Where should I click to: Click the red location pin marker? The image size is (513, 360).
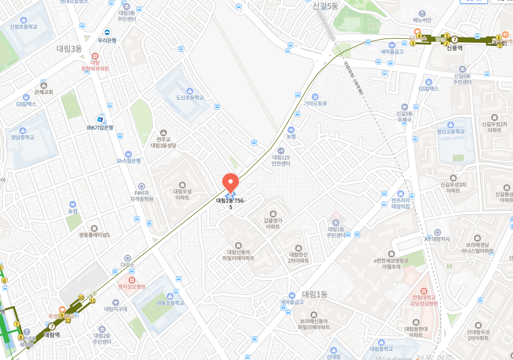[230, 182]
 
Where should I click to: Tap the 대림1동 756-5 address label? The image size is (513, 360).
[230, 203]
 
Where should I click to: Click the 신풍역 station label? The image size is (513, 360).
[455, 48]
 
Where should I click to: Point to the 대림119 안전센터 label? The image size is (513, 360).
[281, 160]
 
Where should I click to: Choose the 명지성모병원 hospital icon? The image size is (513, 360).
[132, 280]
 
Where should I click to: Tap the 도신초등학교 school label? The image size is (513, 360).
[190, 97]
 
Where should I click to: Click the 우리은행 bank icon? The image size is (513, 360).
[107, 32]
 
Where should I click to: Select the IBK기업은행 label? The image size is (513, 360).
[100, 128]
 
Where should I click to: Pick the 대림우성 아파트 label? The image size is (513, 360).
[182, 194]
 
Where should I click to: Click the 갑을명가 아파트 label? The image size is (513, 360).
[273, 224]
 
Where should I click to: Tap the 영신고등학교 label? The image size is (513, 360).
[450, 132]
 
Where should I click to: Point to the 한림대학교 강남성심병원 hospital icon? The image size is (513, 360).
[424, 291]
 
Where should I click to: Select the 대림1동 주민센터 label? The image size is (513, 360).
[336, 232]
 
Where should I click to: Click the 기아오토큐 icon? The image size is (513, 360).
[315, 96]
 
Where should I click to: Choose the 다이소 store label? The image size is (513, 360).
[128, 265]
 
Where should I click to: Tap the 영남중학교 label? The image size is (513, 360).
[23, 137]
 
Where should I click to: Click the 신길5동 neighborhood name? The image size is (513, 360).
[325, 6]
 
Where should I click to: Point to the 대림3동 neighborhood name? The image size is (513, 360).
[69, 49]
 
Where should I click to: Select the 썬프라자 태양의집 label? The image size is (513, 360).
[400, 203]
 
